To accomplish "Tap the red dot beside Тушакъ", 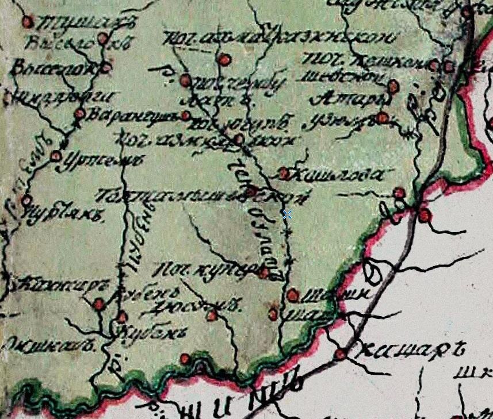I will [27, 22].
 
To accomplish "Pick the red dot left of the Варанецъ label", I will [80, 114].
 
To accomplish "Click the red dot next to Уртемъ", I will [56, 155].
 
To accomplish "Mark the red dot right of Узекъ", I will [383, 118].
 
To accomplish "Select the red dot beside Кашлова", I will [284, 172].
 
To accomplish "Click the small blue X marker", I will [287, 214].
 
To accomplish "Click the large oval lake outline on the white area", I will [373, 271].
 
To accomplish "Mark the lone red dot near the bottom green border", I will [185, 359].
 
